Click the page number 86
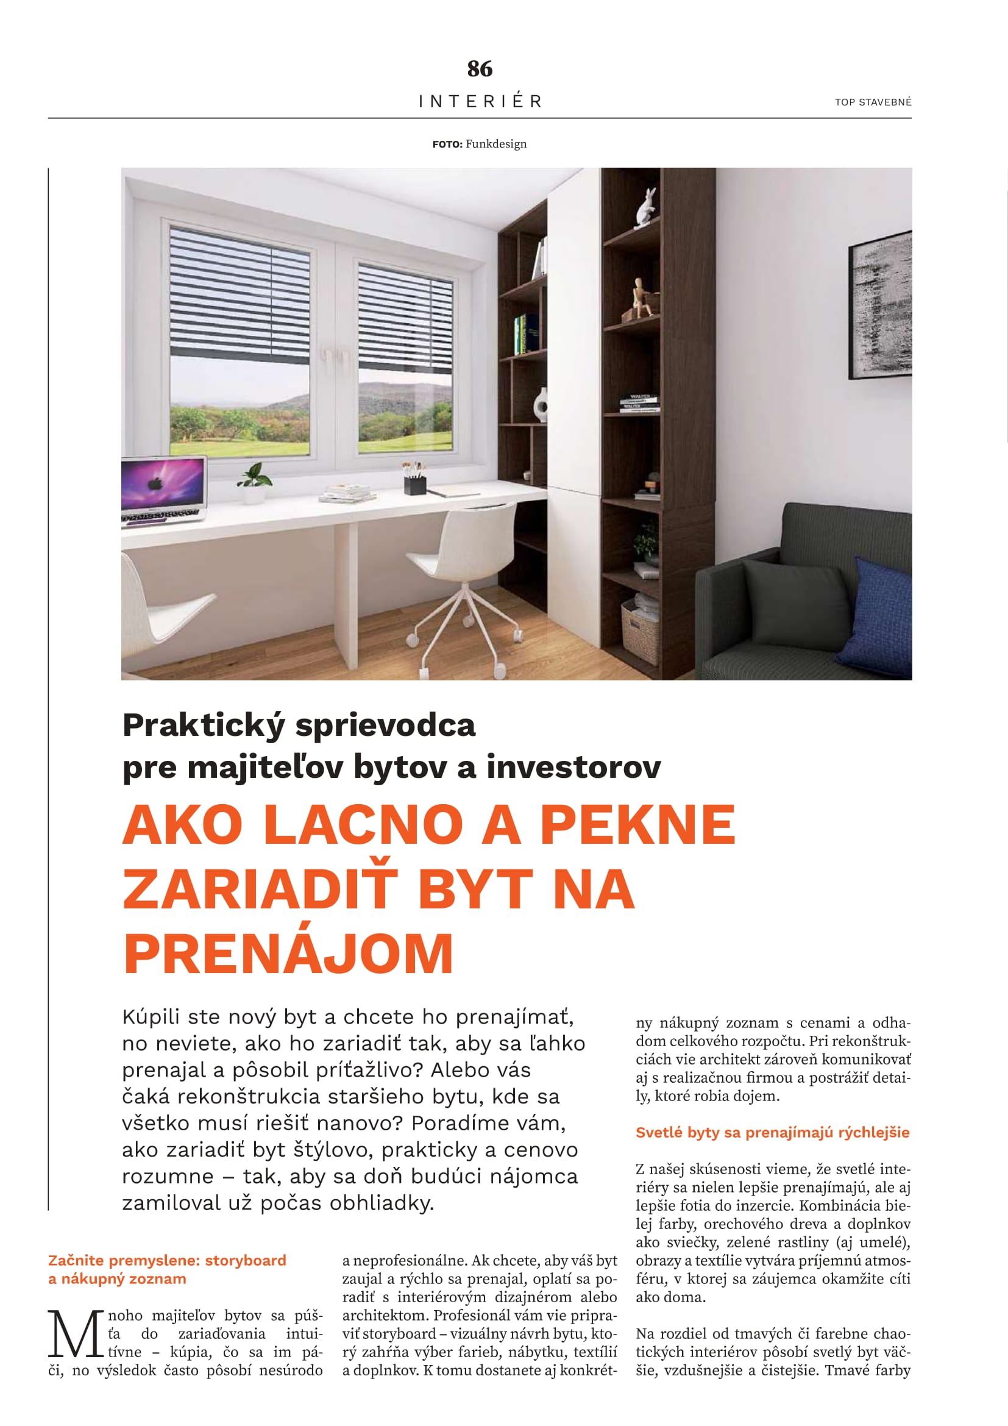[x=480, y=68]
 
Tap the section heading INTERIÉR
[x=480, y=101]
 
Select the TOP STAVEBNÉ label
[x=873, y=102]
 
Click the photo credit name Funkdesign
[x=496, y=144]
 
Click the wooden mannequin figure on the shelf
[x=640, y=299]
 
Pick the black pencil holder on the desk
[x=414, y=485]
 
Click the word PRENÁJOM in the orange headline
[x=289, y=954]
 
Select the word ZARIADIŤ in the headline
[x=260, y=889]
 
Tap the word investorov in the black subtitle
[x=573, y=767]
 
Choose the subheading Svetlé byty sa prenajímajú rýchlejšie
[x=772, y=1132]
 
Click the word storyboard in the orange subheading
[x=246, y=1260]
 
